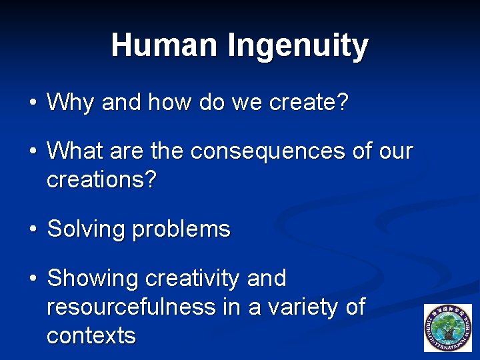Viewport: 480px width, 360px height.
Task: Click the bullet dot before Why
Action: (33, 103)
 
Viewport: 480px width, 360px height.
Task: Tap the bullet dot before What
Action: (33, 152)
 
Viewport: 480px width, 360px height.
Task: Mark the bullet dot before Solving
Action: (33, 230)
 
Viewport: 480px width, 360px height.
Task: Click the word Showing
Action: (92, 279)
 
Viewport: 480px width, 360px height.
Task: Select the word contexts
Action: (91, 335)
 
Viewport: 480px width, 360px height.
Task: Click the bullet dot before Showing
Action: (33, 279)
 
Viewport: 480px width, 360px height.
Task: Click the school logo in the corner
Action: (447, 327)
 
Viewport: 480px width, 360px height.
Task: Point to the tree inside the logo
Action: (447, 327)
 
